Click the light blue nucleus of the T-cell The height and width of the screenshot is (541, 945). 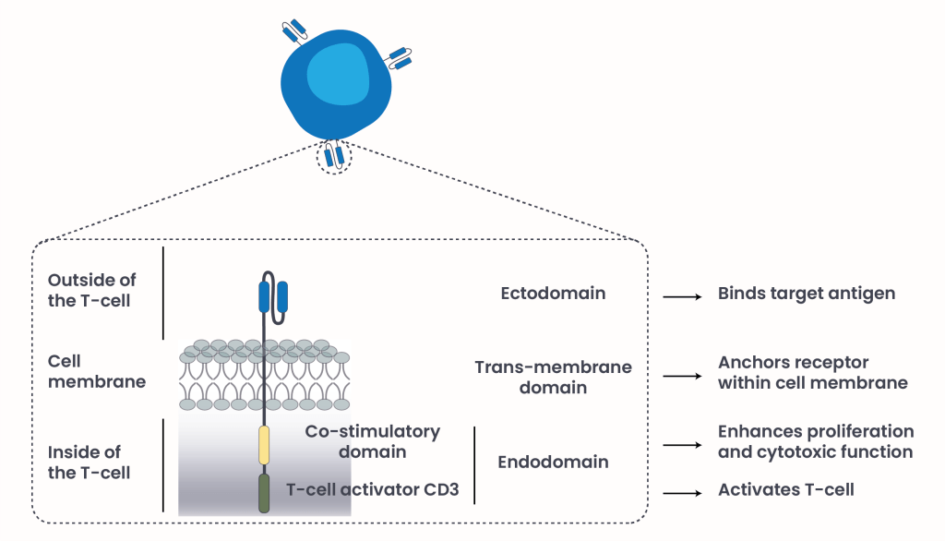point(338,73)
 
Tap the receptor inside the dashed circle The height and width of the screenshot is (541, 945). point(333,156)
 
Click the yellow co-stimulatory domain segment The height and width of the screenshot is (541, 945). point(264,445)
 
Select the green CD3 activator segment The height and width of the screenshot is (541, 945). point(264,492)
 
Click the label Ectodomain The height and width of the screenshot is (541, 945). point(553,294)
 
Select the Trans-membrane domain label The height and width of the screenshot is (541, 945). point(553,377)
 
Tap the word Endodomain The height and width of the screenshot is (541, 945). point(553,462)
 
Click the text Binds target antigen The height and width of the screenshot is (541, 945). point(807,295)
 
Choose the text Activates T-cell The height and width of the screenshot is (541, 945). point(785,489)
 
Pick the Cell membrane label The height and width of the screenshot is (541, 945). point(97,371)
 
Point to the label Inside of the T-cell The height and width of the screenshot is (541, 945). point(90,462)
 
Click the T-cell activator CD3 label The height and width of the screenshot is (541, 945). point(372,489)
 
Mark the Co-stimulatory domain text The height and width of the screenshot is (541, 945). point(373,441)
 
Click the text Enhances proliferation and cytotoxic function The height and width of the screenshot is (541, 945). point(816,441)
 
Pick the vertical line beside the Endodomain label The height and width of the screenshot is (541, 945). point(474,464)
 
